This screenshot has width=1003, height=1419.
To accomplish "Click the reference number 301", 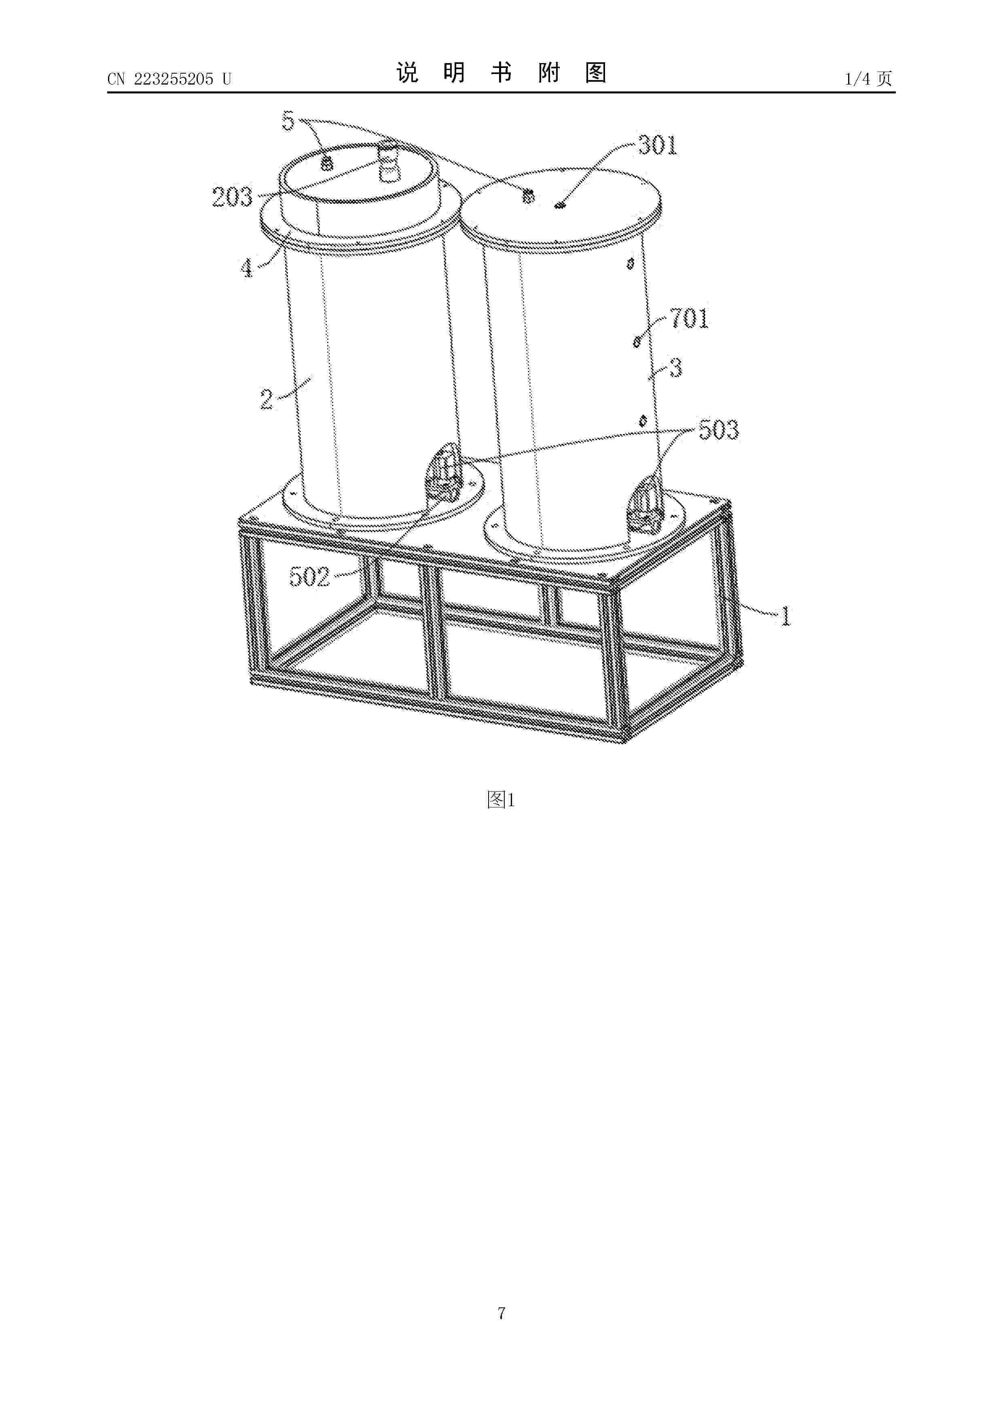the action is pyautogui.click(x=658, y=146).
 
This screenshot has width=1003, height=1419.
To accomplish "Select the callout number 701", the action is pyautogui.click(x=689, y=319).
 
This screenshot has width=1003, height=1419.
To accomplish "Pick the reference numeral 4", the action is pyautogui.click(x=247, y=268).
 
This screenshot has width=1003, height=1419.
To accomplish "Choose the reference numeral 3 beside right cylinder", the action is pyautogui.click(x=676, y=369).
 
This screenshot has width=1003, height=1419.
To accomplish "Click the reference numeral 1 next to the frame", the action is pyautogui.click(x=785, y=616).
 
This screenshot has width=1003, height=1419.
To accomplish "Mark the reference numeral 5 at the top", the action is pyautogui.click(x=288, y=121).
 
